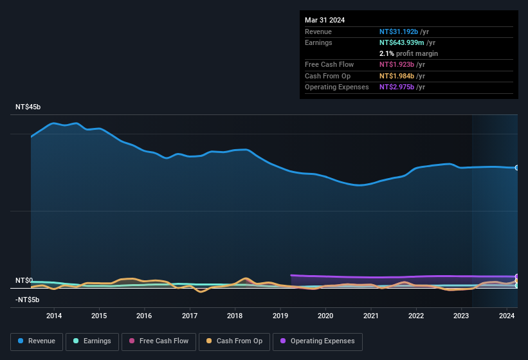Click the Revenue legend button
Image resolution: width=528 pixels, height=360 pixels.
pos(37,341)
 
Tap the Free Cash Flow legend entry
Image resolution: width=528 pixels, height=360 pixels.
pos(159,341)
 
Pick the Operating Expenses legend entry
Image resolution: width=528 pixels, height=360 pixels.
pos(318,341)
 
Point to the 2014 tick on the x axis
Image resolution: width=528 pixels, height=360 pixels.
pos(54,316)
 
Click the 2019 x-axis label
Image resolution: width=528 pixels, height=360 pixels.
pos(280,316)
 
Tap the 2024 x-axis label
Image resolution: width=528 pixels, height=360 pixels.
pos(507,316)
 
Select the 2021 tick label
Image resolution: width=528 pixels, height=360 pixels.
pos(371,316)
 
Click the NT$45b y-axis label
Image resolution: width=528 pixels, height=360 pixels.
pos(28,107)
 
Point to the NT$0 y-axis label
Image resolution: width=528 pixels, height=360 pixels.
pos(24,281)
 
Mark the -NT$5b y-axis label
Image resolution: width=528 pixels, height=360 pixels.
pos(28,300)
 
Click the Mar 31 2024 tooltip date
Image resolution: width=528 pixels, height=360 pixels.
pos(325,20)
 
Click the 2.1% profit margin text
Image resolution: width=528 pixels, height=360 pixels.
pos(408,53)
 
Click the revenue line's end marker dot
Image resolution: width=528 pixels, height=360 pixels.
pos(516,168)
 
